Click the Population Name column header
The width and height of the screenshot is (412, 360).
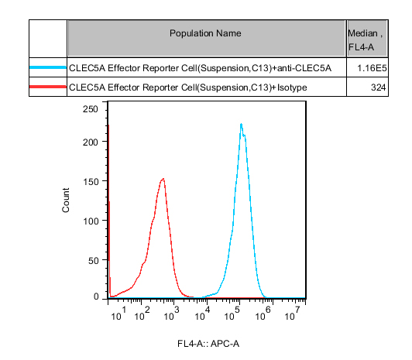(205, 33)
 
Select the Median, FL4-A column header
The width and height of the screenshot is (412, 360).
(366, 40)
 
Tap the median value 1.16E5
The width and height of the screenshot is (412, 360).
(372, 68)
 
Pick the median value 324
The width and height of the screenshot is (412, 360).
(379, 87)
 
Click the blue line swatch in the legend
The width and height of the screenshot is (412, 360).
(48, 67)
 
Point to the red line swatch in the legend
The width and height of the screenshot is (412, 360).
(48, 87)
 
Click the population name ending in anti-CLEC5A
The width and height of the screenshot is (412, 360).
(200, 68)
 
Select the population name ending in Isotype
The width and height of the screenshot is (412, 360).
(188, 87)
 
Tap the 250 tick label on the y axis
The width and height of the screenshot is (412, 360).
(91, 109)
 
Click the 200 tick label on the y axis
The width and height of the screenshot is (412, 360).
(91, 142)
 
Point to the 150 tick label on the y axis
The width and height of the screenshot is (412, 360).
(91, 181)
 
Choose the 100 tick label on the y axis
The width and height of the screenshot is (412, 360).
(91, 221)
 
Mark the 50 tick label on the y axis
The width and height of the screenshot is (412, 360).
(93, 260)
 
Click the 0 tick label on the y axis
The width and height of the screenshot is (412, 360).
(96, 297)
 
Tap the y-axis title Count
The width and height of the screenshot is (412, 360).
(66, 200)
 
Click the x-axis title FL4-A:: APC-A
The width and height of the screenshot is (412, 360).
(208, 344)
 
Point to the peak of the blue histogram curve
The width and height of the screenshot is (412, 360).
(241, 124)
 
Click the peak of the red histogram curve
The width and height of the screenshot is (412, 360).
(163, 179)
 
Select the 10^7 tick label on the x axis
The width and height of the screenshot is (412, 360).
(293, 314)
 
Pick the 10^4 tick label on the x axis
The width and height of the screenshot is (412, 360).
(203, 314)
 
